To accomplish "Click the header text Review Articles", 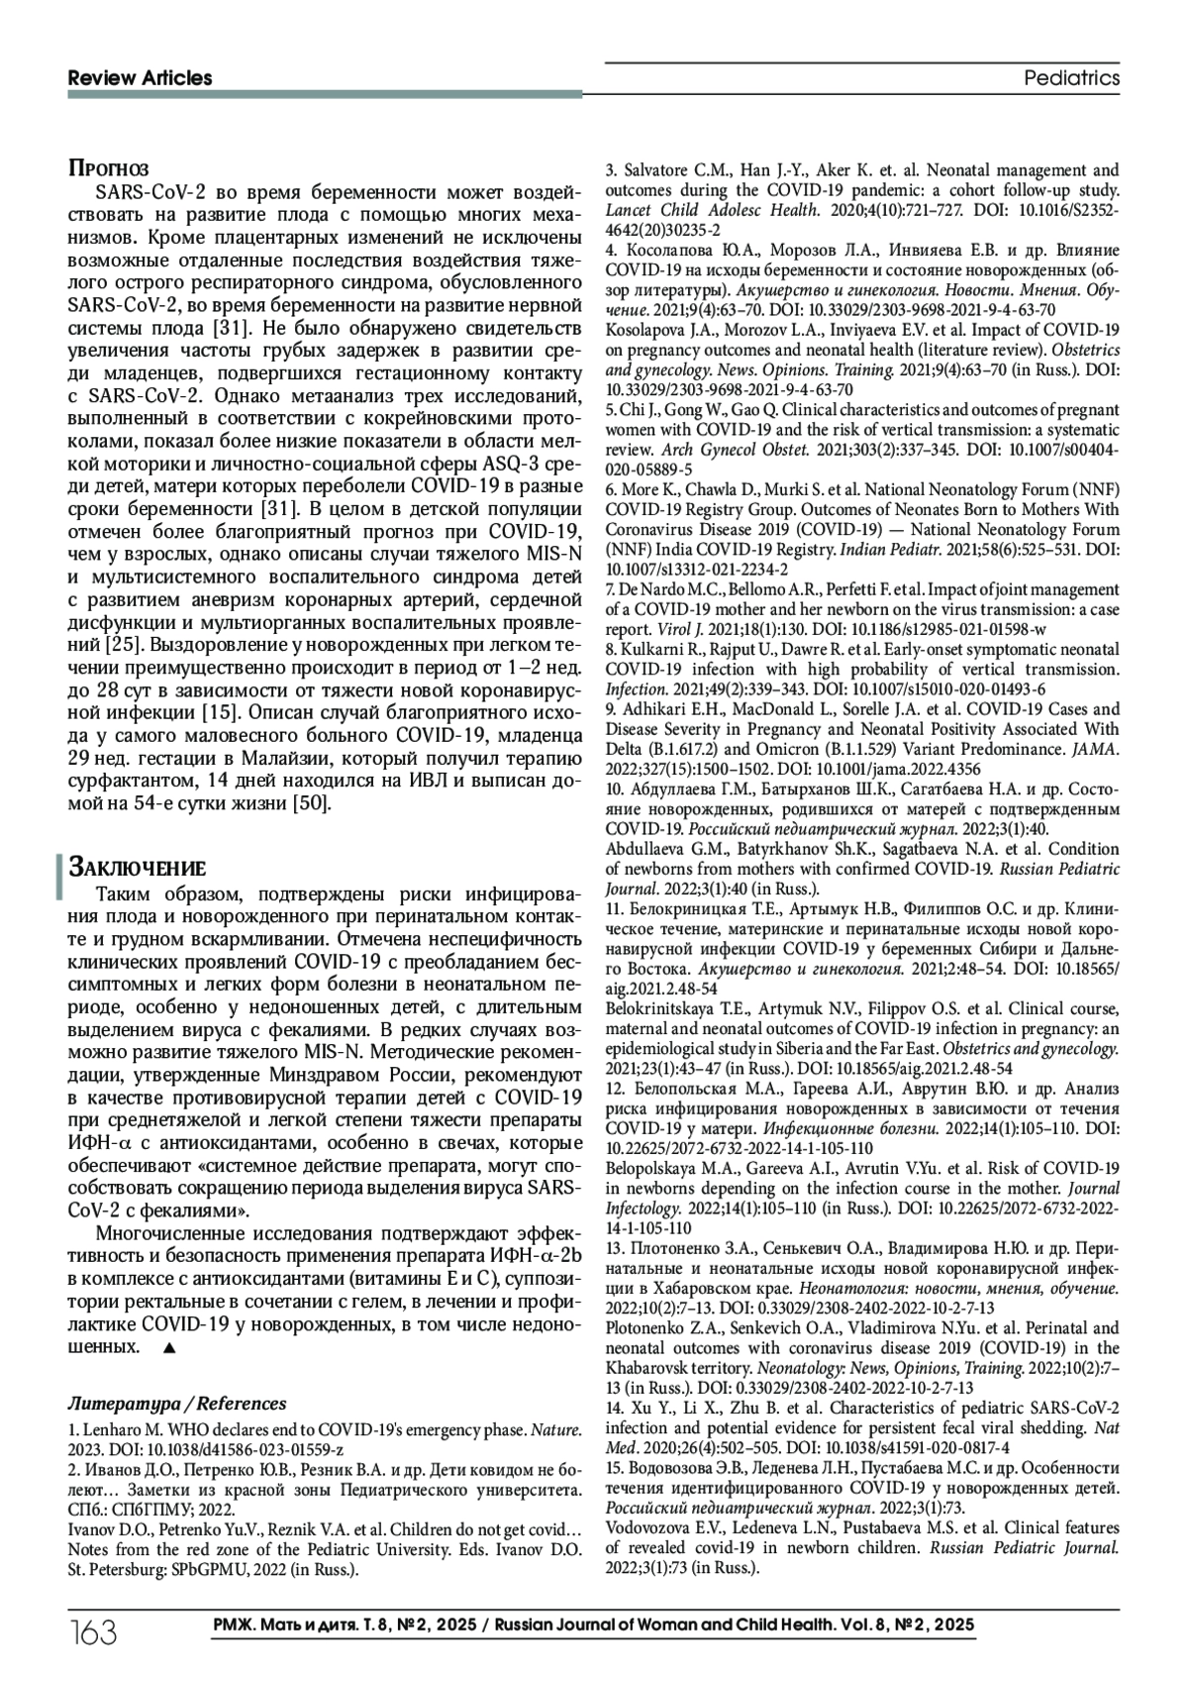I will (140, 78).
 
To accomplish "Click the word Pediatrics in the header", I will (1071, 78).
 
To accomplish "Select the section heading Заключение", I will (137, 868).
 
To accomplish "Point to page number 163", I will (94, 1631).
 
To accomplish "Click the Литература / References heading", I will (177, 1403).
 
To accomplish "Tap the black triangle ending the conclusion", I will (168, 1348).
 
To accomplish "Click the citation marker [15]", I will (217, 712).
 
